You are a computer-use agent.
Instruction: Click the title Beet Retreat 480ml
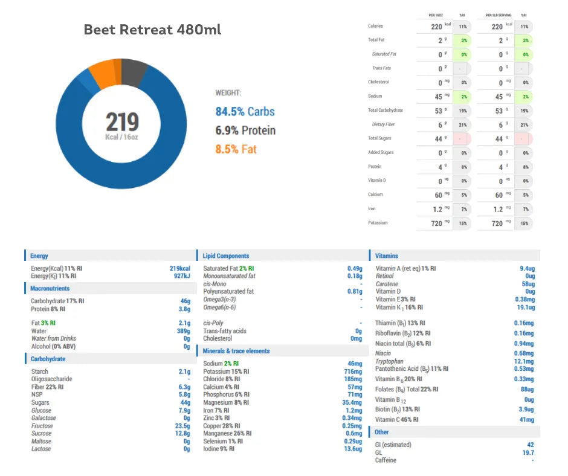coord(152,30)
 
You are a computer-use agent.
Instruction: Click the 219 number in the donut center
coord(122,123)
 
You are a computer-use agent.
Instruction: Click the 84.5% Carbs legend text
coord(245,111)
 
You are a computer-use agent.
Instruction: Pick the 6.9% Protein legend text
coord(245,130)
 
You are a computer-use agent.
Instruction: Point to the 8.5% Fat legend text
coord(236,149)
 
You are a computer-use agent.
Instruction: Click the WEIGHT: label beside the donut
coord(228,93)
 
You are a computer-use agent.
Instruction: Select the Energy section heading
coord(39,256)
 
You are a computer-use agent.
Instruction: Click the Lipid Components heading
coord(226,256)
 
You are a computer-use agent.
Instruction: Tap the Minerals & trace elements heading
coord(236,351)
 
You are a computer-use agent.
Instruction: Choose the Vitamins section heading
coord(387,256)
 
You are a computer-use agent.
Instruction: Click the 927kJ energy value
coord(182,276)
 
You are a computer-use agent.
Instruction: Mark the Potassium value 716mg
coord(353,371)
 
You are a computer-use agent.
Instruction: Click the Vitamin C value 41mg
coord(527,419)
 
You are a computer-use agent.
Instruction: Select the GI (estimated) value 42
coord(530,445)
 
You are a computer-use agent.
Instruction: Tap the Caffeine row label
coord(386,460)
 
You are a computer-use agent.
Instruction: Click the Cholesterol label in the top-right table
coord(378,82)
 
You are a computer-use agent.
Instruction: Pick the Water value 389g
coord(182,331)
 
